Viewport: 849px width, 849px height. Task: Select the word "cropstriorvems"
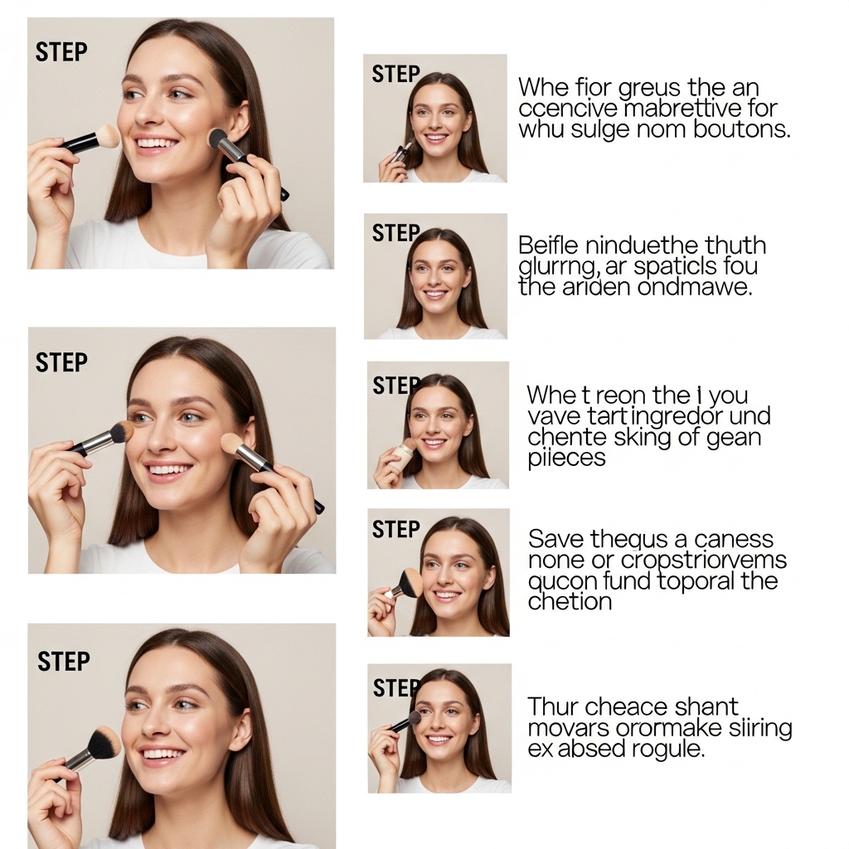click(704, 560)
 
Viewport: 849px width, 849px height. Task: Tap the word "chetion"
click(570, 601)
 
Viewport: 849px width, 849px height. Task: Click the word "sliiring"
click(756, 729)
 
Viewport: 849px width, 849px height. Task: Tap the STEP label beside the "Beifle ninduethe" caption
click(395, 234)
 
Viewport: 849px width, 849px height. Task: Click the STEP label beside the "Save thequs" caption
click(395, 530)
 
